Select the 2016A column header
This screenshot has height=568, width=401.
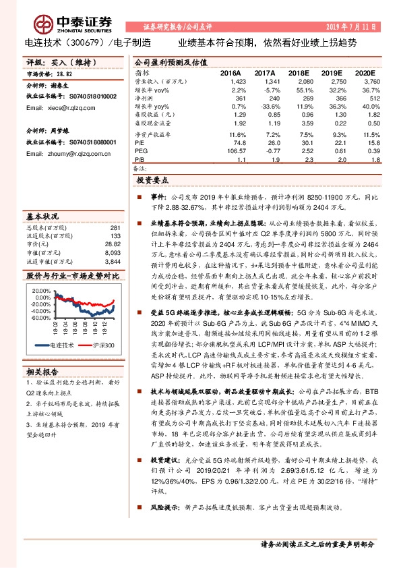pyautogui.click(x=230, y=74)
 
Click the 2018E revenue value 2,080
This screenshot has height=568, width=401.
pyautogui.click(x=297, y=82)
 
